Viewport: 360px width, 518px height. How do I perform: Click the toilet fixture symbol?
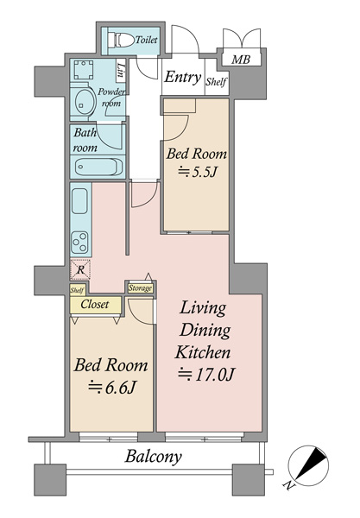click(121, 40)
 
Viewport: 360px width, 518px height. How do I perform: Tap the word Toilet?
click(147, 40)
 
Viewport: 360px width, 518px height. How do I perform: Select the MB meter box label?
click(241, 60)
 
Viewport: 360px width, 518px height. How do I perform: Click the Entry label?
click(183, 77)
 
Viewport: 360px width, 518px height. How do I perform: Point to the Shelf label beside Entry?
click(217, 81)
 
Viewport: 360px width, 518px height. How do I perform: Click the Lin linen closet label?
click(121, 72)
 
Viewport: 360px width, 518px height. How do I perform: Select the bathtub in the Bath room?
click(98, 167)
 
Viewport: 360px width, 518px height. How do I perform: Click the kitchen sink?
click(79, 201)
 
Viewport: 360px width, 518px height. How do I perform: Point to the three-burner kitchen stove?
click(79, 243)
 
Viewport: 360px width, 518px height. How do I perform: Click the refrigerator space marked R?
click(80, 270)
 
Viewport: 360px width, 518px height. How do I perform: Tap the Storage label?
click(140, 288)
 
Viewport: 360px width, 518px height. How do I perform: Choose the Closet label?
click(95, 304)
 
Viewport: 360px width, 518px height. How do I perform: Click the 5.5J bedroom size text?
click(198, 172)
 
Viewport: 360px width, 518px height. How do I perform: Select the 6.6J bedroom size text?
click(112, 387)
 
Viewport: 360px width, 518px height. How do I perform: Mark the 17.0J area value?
click(206, 375)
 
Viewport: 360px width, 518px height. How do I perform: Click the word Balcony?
click(154, 457)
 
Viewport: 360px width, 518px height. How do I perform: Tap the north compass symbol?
click(308, 466)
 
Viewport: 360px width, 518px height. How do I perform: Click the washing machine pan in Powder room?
click(83, 70)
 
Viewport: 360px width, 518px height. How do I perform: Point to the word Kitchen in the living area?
click(203, 352)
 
